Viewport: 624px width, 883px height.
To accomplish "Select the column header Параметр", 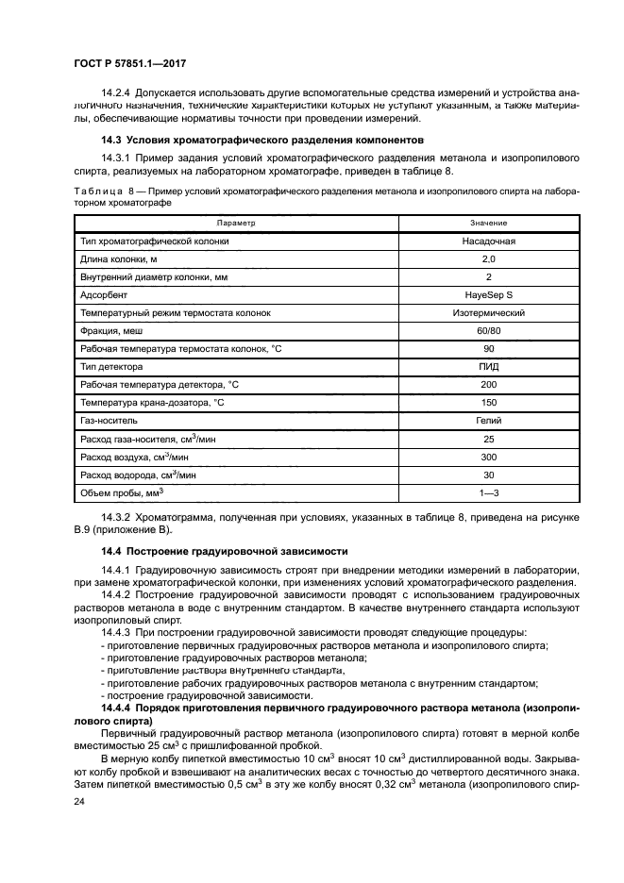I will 235,223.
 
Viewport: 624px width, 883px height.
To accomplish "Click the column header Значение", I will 488,223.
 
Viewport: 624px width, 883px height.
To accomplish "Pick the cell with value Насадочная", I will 488,241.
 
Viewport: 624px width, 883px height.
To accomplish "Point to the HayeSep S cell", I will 488,294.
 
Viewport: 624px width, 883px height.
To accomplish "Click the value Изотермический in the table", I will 488,312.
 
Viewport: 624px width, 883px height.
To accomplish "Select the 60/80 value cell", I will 488,330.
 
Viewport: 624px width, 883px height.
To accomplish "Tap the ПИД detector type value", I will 488,366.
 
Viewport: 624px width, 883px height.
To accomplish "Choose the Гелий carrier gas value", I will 488,420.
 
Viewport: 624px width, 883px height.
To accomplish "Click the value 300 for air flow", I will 488,456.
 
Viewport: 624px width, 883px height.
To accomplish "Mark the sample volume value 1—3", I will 488,491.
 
